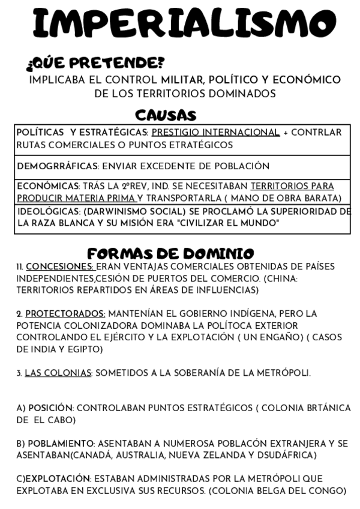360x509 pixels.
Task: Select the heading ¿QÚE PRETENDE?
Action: [x=95, y=63]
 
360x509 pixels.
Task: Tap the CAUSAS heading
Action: [x=166, y=115]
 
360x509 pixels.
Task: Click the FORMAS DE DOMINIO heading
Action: [x=170, y=253]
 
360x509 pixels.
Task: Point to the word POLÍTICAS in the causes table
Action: [x=41, y=132]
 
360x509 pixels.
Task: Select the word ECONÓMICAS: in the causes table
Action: [x=46, y=186]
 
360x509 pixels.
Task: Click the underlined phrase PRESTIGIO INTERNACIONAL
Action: [x=216, y=132]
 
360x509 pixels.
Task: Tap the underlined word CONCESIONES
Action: [x=60, y=267]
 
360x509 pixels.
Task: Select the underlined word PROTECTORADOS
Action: [x=65, y=314]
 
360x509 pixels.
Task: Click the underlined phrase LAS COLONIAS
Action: [x=58, y=373]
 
